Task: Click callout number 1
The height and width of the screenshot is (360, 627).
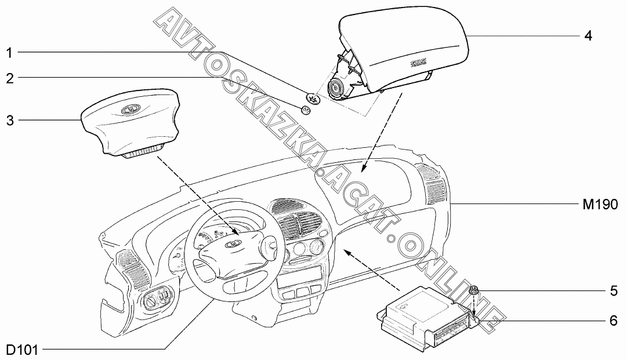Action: click(x=9, y=53)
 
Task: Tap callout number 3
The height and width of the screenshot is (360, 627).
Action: click(x=9, y=121)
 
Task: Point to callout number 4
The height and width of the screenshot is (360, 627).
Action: click(x=588, y=36)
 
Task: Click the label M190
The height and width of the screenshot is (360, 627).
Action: click(x=600, y=204)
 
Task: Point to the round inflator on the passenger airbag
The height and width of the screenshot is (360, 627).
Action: click(x=336, y=89)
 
